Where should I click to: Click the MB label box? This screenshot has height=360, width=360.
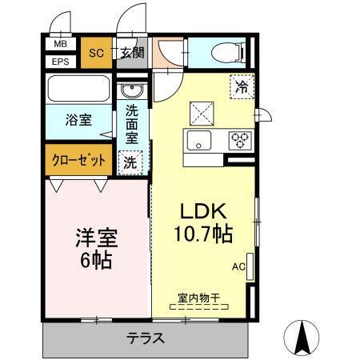pos(60,46)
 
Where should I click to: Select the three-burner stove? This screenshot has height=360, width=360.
pos(240,141)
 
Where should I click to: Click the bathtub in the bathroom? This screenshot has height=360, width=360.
pos(79,87)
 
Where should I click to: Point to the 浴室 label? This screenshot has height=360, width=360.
pos(78,120)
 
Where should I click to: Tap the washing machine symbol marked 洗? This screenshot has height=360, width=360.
pos(129,161)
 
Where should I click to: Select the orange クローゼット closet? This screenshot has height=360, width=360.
pos(78,159)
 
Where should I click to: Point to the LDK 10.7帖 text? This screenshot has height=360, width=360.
pos(203,224)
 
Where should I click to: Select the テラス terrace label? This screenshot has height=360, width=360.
pos(146,338)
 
